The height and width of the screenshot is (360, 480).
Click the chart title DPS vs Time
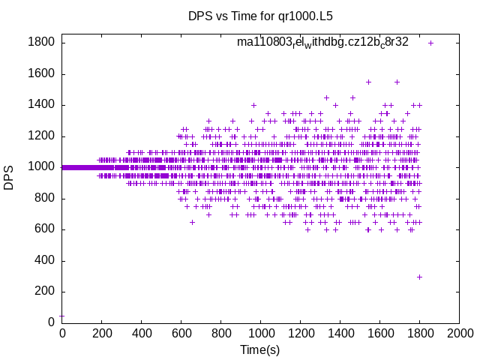click(x=260, y=15)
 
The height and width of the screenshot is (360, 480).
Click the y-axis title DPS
click(x=9, y=178)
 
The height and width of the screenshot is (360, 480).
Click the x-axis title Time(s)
click(x=260, y=349)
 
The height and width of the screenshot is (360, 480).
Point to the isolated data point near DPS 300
click(x=419, y=277)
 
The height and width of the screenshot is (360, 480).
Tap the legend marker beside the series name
click(x=430, y=43)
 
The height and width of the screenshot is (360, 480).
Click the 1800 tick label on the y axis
click(x=40, y=43)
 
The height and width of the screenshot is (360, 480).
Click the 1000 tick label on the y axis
click(x=40, y=167)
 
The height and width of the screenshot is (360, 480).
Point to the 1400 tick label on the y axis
click(x=40, y=105)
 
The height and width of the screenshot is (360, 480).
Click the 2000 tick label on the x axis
click(x=459, y=332)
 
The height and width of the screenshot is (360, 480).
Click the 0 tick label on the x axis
click(x=61, y=332)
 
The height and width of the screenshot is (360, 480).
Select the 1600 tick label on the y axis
click(x=40, y=73)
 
